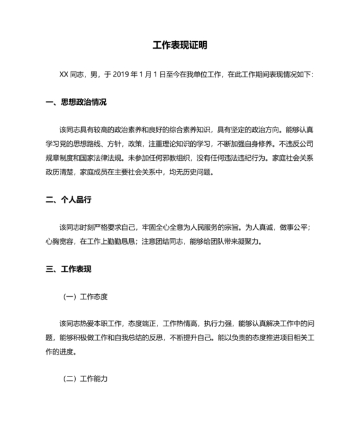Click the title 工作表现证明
coord(180,46)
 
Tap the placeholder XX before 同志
coord(64,75)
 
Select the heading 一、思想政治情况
coord(76,102)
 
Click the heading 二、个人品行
coord(69,200)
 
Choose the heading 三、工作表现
coord(69,269)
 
